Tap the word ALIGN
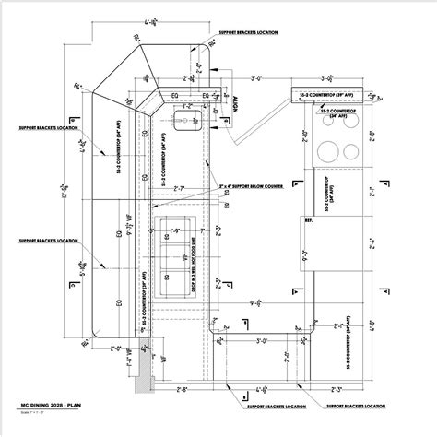[236, 103]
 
